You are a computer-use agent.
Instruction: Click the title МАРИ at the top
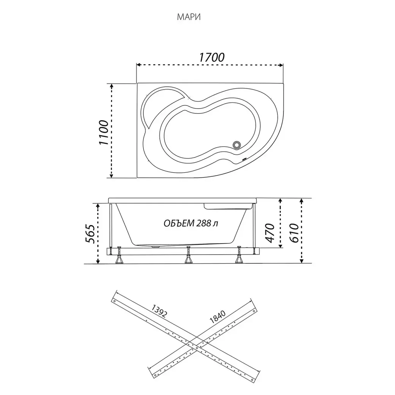[189, 17]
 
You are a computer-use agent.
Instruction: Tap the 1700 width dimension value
[212, 57]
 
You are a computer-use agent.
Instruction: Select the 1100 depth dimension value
[104, 132]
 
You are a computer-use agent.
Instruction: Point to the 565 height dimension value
[90, 233]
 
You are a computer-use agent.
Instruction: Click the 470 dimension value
[270, 233]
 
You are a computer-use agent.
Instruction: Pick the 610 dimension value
[294, 233]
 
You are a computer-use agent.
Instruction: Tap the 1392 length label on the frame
[159, 311]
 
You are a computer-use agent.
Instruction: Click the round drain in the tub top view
[237, 145]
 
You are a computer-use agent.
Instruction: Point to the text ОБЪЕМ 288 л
[191, 223]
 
